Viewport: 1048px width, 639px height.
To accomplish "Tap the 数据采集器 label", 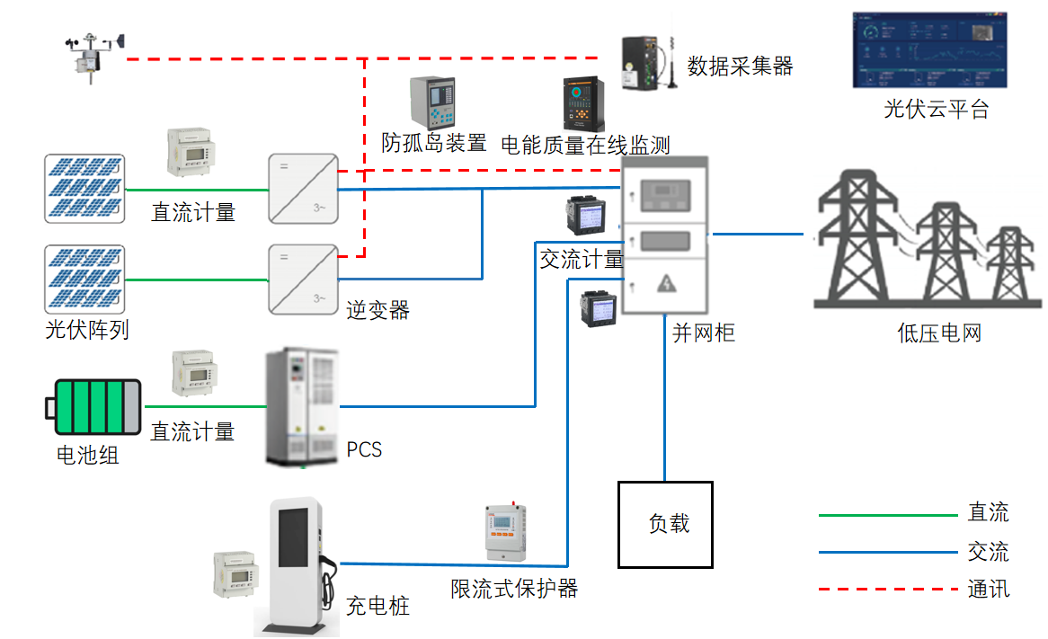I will click(740, 66).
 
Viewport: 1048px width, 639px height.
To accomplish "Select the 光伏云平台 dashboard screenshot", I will click(935, 50).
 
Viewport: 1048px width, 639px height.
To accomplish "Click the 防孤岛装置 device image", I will click(434, 102).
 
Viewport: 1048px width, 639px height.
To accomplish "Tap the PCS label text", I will click(364, 449).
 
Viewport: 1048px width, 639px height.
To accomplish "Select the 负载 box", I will click(665, 525).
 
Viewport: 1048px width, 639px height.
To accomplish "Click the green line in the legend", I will click(888, 515).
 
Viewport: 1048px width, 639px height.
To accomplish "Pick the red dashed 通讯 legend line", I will click(888, 590).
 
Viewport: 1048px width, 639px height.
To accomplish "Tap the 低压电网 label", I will click(939, 333).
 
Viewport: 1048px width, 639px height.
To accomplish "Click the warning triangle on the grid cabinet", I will click(665, 284).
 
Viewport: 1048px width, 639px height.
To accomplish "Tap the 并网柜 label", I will click(704, 333).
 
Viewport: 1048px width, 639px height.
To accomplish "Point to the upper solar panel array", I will click(84, 188).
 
